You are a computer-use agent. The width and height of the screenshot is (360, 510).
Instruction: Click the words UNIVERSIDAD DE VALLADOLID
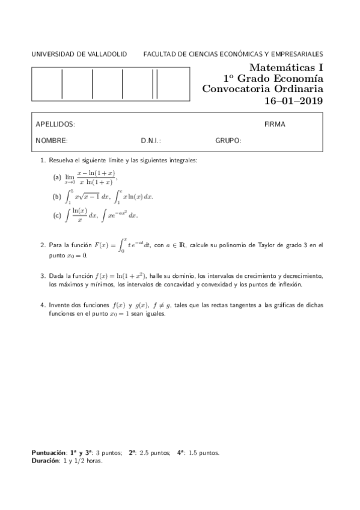click(x=79, y=54)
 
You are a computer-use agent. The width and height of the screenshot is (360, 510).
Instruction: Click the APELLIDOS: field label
click(x=55, y=124)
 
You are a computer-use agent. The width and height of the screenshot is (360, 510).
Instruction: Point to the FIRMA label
click(x=275, y=124)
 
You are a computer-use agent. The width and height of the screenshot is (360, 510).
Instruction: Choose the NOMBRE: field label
click(x=52, y=141)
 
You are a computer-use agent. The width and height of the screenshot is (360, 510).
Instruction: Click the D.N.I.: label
click(x=151, y=141)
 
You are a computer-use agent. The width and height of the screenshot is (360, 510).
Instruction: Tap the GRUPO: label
click(x=228, y=141)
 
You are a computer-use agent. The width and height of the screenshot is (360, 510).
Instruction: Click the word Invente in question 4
click(x=60, y=306)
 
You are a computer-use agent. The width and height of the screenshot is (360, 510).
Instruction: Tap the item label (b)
click(x=58, y=197)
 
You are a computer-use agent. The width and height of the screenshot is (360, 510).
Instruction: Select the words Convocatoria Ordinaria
click(x=263, y=89)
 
